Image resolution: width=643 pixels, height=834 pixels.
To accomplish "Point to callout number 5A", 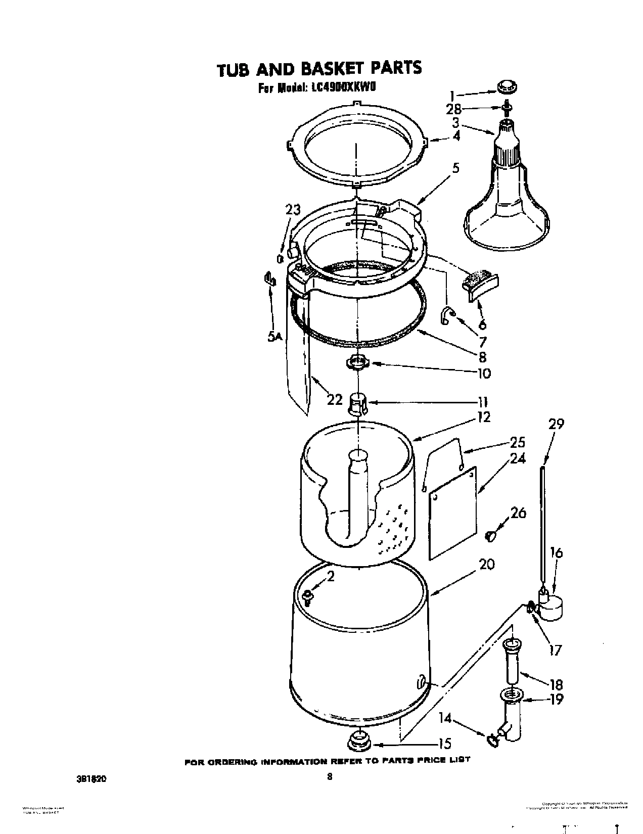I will click(x=275, y=336).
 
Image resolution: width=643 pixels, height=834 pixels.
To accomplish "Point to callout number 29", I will click(x=556, y=424).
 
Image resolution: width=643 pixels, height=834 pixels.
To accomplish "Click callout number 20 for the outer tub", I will click(x=486, y=565).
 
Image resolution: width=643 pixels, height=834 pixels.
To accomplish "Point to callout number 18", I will click(x=556, y=684).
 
